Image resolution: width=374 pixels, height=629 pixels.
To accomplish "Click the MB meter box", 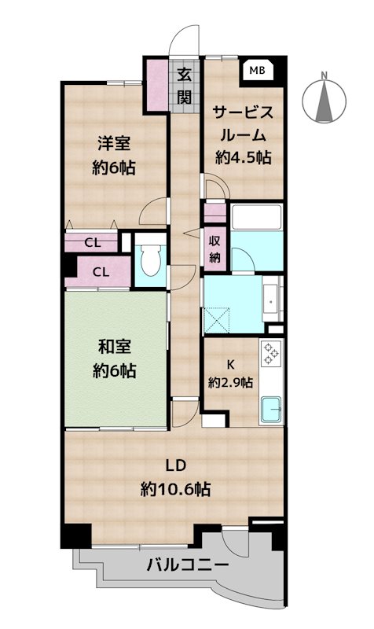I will [x=257, y=71].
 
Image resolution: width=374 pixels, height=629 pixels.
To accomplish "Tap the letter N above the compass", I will [x=324, y=75].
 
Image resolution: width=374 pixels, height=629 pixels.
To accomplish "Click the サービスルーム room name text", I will [x=244, y=123].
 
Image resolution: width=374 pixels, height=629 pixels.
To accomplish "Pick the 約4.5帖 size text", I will [x=244, y=157].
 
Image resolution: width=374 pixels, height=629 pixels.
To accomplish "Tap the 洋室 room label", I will [x=114, y=144].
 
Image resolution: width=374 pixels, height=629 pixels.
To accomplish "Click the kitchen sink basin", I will [x=271, y=410].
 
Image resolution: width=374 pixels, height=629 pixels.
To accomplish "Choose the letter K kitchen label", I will [x=230, y=365].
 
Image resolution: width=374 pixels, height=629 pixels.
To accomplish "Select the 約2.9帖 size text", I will [x=230, y=382].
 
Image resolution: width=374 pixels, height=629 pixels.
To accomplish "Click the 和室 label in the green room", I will [x=114, y=347].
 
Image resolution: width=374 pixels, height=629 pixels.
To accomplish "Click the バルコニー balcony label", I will [x=188, y=565].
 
